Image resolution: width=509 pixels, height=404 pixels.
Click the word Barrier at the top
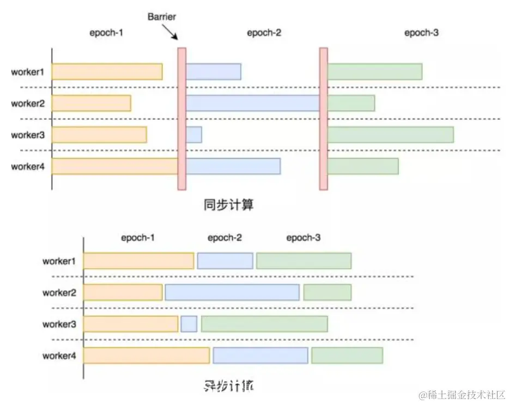(x=162, y=16)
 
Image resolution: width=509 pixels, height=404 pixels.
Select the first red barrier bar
(x=182, y=119)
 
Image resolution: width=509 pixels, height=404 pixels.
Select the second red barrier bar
(x=323, y=119)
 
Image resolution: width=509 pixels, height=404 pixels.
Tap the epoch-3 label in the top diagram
(x=421, y=33)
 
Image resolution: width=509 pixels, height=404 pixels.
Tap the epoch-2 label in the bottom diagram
(x=225, y=238)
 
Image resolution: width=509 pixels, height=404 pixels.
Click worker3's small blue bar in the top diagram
(x=194, y=135)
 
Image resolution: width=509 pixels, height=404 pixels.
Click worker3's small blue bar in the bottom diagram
(x=189, y=324)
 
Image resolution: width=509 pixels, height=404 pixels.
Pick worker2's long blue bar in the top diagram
(x=252, y=103)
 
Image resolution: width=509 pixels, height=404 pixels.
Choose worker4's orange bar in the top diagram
(x=115, y=166)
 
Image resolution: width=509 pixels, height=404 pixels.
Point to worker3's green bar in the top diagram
(x=390, y=135)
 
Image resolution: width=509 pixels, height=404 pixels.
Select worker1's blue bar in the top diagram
(x=214, y=71)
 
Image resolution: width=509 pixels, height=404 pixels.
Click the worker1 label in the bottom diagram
(x=59, y=261)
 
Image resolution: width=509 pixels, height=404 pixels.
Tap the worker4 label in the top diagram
(x=27, y=166)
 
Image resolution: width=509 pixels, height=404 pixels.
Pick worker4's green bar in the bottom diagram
(x=347, y=355)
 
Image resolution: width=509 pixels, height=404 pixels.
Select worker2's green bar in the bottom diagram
(x=327, y=292)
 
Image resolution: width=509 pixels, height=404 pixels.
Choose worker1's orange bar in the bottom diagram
(x=138, y=261)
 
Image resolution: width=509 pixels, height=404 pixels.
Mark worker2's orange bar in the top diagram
(x=92, y=103)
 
